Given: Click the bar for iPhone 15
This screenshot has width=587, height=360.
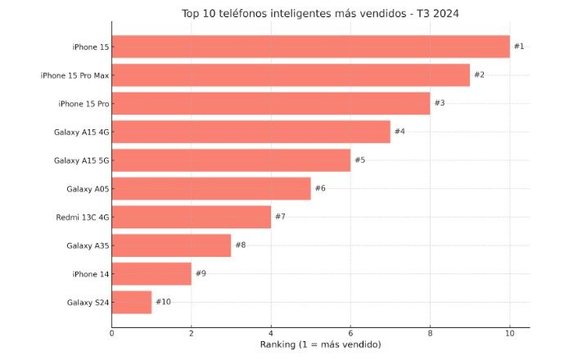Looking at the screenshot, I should click(x=310, y=47).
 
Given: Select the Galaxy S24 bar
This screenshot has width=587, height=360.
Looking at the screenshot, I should click(x=132, y=303).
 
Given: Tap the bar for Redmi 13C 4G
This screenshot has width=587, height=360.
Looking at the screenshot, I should click(x=192, y=217).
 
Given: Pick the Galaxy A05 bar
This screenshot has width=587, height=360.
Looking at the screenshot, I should click(x=211, y=189).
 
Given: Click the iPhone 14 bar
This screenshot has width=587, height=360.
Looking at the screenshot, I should click(x=151, y=274).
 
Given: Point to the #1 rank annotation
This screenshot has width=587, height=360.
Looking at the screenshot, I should click(x=519, y=47).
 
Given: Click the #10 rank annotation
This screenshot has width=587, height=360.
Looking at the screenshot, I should click(x=163, y=303).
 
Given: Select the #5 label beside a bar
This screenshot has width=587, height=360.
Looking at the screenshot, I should click(x=359, y=160).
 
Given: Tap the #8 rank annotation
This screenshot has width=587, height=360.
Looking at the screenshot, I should click(x=240, y=245).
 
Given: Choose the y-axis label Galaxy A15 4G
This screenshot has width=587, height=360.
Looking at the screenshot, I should click(x=81, y=132).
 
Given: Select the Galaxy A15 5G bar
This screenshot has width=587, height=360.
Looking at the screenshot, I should click(x=231, y=160).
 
